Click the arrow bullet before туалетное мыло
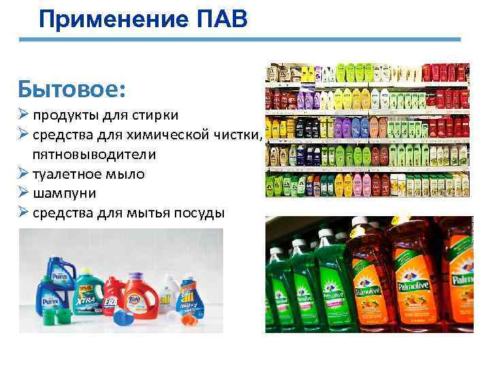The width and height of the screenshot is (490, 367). (x=24, y=174)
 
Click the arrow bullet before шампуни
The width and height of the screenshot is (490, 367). (x=24, y=194)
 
